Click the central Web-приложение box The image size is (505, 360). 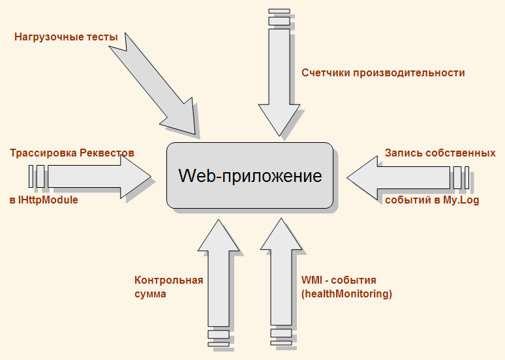tap(250, 176)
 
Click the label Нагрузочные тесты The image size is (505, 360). tap(66, 37)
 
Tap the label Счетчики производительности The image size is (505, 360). tap(383, 72)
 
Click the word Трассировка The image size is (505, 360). tap(42, 153)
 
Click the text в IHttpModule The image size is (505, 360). tap(44, 200)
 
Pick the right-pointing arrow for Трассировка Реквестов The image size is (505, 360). tap(98, 176)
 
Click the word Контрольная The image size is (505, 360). tap(169, 280)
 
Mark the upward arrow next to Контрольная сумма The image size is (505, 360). tap(219, 274)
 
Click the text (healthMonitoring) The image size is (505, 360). tap(346, 294)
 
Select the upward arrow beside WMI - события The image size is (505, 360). tap(281, 274)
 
